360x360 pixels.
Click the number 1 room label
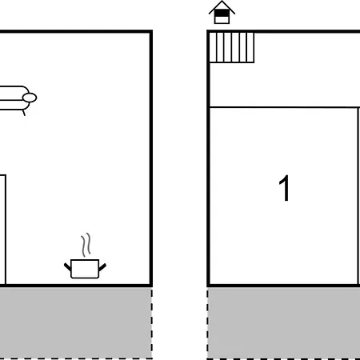pyautogui.click(x=285, y=188)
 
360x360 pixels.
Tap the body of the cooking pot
pyautogui.click(x=85, y=269)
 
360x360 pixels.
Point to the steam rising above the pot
pyautogui.click(x=86, y=245)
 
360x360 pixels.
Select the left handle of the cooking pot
pyautogui.click(x=67, y=266)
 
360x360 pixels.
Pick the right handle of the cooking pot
pyautogui.click(x=102, y=267)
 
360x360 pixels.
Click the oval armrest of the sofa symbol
pyautogui.click(x=30, y=98)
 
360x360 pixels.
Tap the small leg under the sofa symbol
pyautogui.click(x=24, y=113)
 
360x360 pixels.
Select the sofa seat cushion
pyautogui.click(x=12, y=105)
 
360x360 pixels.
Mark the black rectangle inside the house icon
pyautogui.click(x=222, y=13)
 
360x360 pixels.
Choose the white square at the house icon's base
pyautogui.click(x=222, y=20)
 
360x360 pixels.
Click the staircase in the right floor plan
pyautogui.click(x=231, y=47)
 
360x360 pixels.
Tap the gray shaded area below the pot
pyautogui.click(x=75, y=322)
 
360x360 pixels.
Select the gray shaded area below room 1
pyautogui.click(x=284, y=323)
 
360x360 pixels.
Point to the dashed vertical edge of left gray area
pyautogui.click(x=152, y=323)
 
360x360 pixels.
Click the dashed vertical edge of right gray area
pyautogui.click(x=208, y=323)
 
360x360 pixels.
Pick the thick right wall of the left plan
pyautogui.click(x=151, y=158)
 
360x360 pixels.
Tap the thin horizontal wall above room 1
pyautogui.click(x=284, y=107)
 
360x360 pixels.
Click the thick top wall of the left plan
pyautogui.click(x=76, y=31)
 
